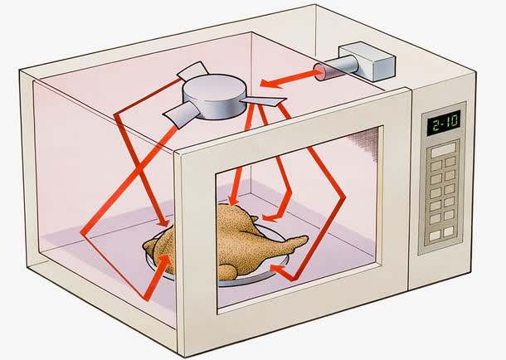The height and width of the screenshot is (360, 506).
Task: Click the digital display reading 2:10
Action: coord(444,123)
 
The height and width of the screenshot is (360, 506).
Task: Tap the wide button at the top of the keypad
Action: coord(443,149)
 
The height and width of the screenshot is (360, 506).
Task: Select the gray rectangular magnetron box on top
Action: coord(367,61)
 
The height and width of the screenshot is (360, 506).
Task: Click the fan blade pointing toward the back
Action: coord(193,71)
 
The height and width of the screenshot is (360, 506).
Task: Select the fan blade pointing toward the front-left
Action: coord(180,114)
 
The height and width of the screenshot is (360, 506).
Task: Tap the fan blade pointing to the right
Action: coord(263,102)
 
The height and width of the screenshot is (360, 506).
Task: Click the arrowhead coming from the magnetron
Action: coord(270,83)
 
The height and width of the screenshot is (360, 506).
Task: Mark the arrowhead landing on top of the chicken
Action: coord(232,199)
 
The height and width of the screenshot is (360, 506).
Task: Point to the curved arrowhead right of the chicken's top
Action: coord(270,217)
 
